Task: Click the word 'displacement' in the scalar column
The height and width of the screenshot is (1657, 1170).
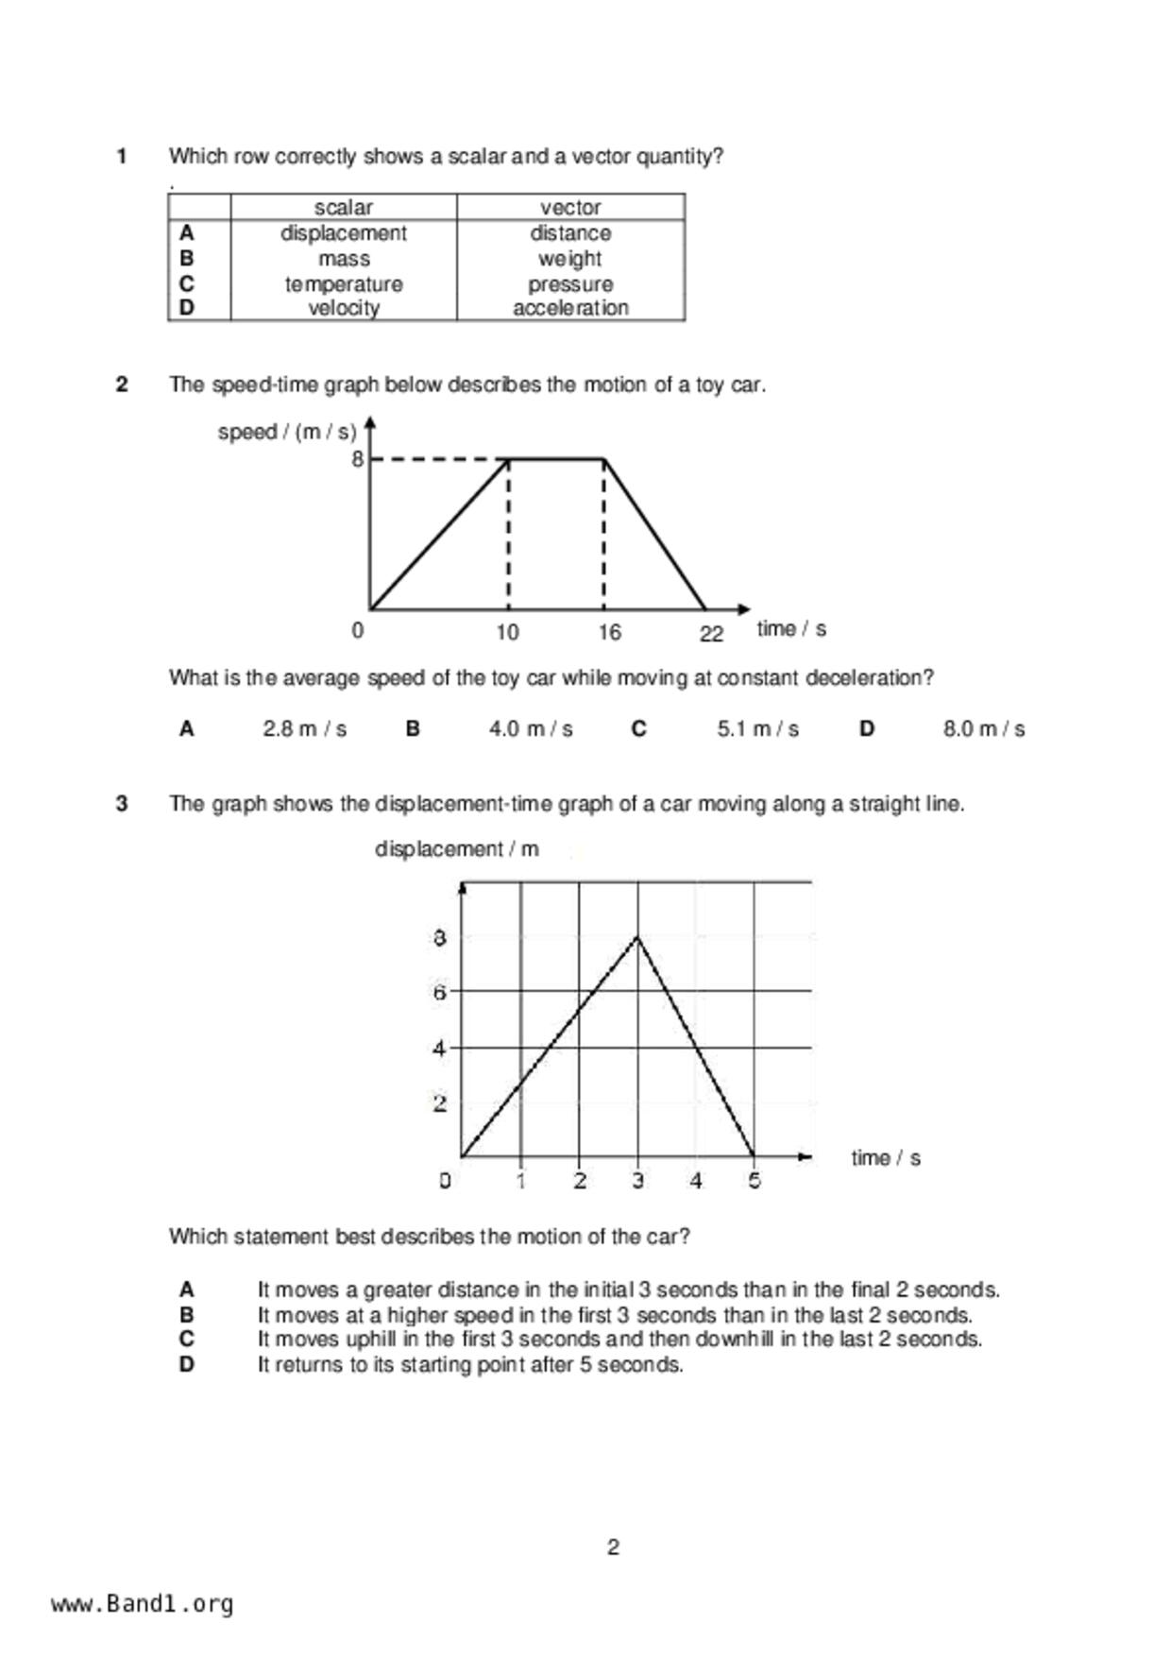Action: click(x=343, y=233)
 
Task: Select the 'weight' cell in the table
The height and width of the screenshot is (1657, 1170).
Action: click(x=569, y=259)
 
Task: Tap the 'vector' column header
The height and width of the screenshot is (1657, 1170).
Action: click(x=570, y=208)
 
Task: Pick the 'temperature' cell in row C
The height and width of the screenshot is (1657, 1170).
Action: click(x=344, y=284)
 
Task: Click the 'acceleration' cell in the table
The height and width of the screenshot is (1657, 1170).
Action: click(x=570, y=308)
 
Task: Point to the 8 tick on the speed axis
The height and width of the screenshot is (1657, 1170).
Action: click(x=357, y=460)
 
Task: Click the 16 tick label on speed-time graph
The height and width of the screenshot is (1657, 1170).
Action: click(x=609, y=632)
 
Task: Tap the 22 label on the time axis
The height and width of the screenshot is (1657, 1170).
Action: click(x=711, y=634)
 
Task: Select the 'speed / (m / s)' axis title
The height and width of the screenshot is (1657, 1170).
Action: click(x=287, y=433)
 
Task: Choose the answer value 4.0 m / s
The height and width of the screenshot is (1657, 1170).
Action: click(x=531, y=729)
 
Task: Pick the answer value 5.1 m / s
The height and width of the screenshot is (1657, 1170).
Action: click(x=757, y=729)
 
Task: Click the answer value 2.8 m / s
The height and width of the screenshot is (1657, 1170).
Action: click(x=304, y=729)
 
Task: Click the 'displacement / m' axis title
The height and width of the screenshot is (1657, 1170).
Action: click(x=457, y=849)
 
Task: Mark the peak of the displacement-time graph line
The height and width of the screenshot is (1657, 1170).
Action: click(x=638, y=936)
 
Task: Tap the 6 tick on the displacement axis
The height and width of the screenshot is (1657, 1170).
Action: click(x=439, y=992)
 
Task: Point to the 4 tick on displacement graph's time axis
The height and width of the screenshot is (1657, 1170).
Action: click(x=696, y=1181)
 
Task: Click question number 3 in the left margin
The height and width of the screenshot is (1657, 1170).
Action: click(x=122, y=804)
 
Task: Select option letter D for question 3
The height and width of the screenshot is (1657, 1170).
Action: click(x=187, y=1365)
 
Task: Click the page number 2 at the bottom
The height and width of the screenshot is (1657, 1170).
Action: click(x=613, y=1547)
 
